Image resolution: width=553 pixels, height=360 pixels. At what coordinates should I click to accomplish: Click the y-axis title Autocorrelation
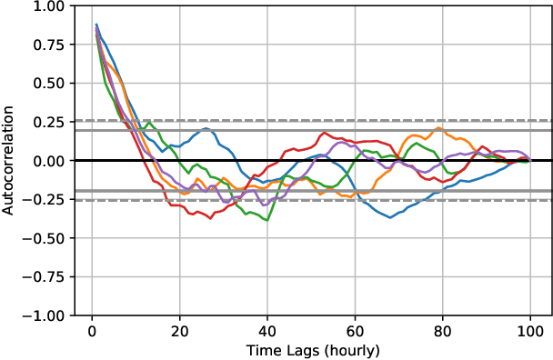coord(8,160)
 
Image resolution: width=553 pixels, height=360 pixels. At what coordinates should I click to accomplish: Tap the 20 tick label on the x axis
coord(179,330)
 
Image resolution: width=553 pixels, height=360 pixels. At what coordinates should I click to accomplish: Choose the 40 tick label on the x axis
coord(267,330)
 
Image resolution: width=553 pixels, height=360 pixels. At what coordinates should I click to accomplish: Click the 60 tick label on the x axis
coord(355,330)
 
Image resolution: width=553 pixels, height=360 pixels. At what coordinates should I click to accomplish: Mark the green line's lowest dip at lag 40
coord(267,220)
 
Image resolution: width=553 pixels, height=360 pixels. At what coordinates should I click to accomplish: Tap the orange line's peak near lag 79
coord(438,128)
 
